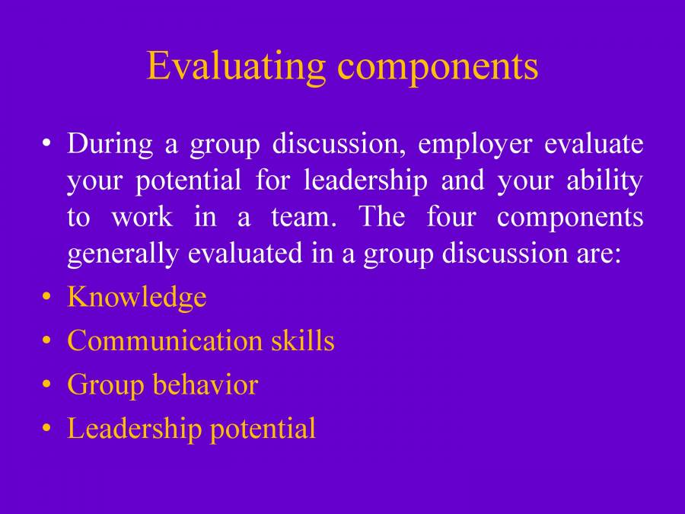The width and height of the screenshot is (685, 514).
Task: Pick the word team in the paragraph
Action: point(303,217)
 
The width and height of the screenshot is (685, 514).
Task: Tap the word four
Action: point(451,217)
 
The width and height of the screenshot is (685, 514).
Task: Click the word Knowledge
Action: point(137,297)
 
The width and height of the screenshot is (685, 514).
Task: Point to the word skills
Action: point(303,340)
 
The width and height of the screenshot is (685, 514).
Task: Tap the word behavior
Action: point(205,385)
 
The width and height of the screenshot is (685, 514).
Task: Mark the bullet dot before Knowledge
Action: point(48,297)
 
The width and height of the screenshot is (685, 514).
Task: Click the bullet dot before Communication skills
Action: point(48,340)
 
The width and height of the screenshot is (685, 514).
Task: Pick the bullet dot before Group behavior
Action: point(48,385)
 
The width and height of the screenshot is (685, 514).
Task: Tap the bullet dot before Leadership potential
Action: point(48,429)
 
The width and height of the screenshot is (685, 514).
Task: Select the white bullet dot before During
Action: point(48,144)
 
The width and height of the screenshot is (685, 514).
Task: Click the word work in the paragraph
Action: point(142,217)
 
